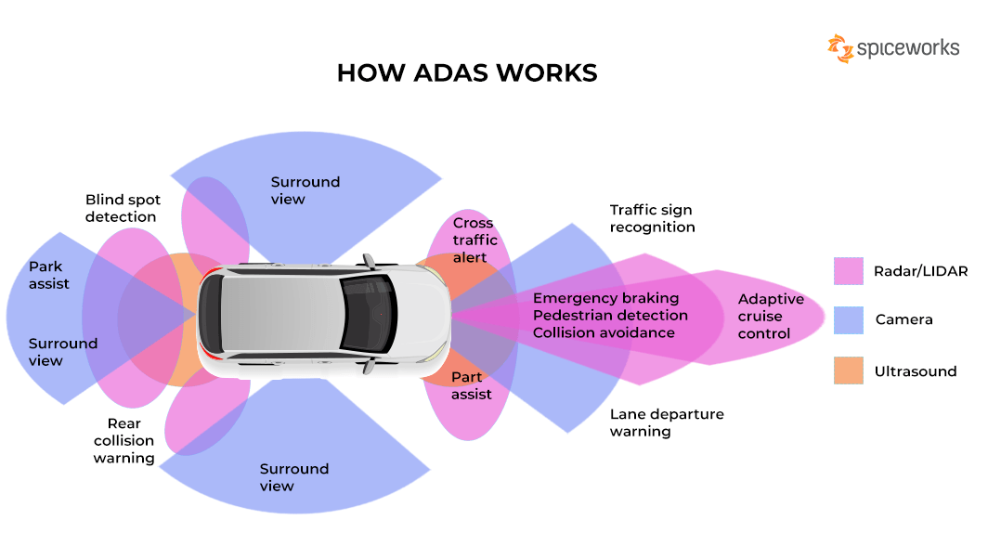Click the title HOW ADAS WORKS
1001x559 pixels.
(x=466, y=73)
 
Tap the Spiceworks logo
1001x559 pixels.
(x=893, y=48)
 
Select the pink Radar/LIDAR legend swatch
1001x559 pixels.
(x=849, y=271)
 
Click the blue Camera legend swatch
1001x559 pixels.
(x=849, y=320)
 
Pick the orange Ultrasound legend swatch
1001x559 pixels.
(x=849, y=370)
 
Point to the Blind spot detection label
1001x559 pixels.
(x=122, y=208)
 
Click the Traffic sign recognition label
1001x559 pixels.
(x=652, y=219)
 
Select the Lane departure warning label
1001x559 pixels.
(x=666, y=422)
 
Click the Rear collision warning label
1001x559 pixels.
(x=124, y=441)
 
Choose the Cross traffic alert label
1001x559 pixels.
(x=474, y=240)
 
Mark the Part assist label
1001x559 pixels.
(x=471, y=385)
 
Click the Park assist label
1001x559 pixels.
(x=48, y=275)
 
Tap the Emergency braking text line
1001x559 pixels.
(x=605, y=298)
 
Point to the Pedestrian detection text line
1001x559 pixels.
(x=610, y=316)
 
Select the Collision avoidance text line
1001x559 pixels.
(x=604, y=332)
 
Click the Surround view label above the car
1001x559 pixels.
(x=305, y=190)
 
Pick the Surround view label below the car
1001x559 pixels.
(x=293, y=477)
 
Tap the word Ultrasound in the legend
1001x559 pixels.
(x=915, y=371)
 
